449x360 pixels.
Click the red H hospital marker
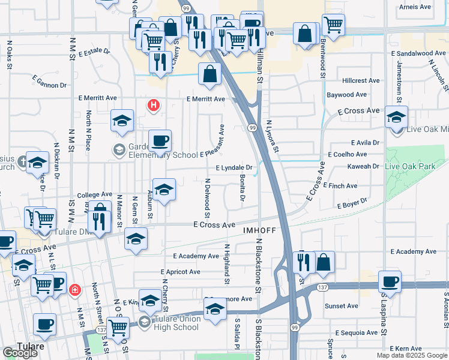pos(154,106)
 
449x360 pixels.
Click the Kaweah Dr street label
pos(364,166)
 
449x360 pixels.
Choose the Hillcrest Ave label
pos(361,80)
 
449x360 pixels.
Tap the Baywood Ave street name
pos(346,95)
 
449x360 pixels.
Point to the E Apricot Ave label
pos(178,272)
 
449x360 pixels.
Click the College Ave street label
pos(95,195)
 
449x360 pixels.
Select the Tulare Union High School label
pos(170,323)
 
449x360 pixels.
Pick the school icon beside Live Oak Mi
pos(396,116)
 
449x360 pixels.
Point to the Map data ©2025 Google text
pos(411,355)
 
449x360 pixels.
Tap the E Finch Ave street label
pos(340,186)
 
